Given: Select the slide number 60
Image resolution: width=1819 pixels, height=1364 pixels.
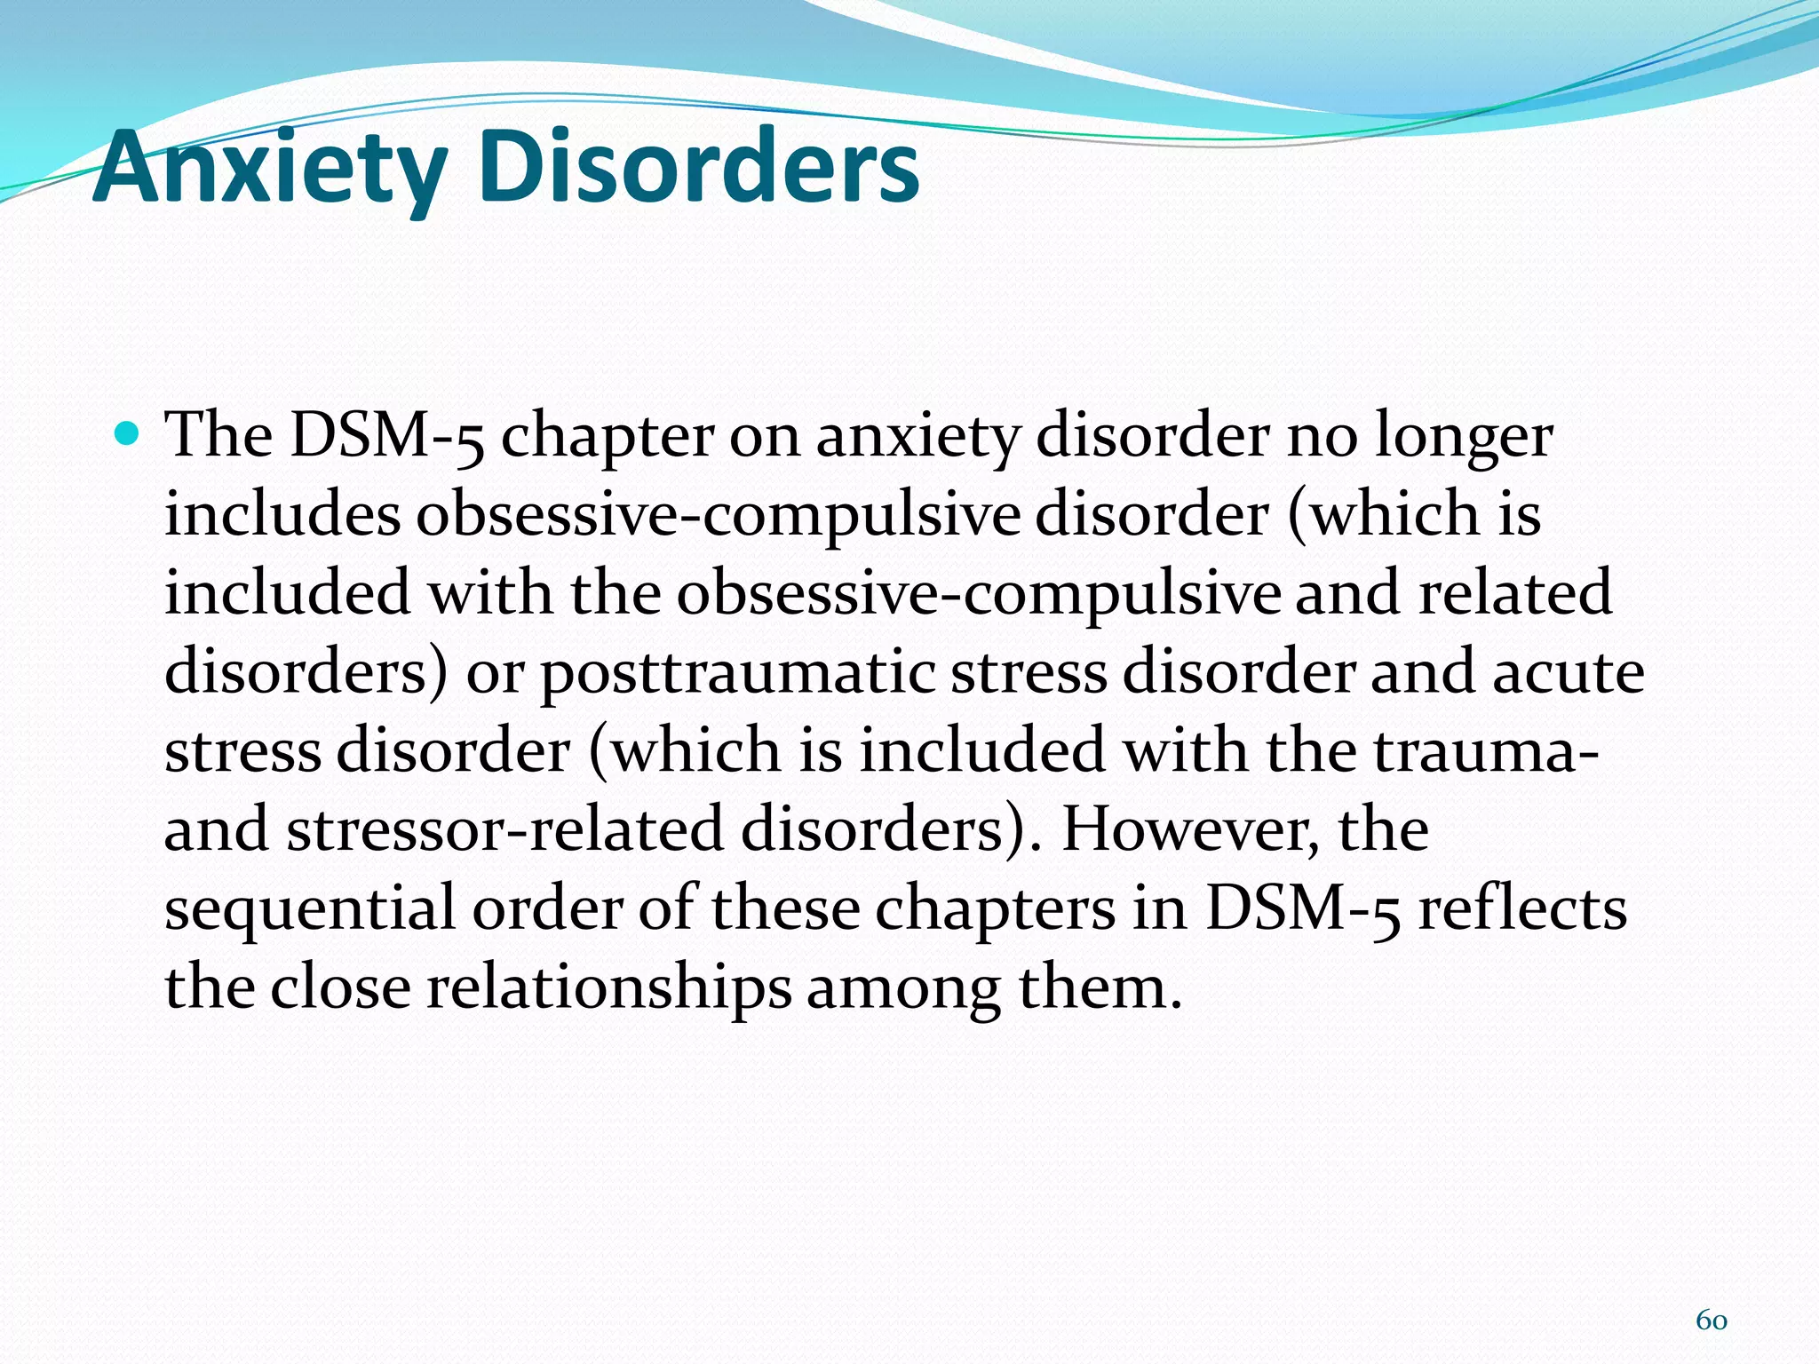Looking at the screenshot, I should point(1711,1320).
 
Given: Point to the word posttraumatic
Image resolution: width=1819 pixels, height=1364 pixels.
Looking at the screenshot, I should point(737,673).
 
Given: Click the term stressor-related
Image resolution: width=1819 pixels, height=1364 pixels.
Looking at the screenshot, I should point(505,829).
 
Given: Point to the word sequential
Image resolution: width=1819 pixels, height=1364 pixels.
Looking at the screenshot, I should point(310,909).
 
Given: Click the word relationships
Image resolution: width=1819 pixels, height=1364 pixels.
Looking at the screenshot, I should point(608,988).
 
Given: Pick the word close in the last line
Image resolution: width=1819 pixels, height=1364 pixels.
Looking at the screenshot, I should point(340,987).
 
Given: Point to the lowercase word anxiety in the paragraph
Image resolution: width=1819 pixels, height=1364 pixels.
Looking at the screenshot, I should point(917,437).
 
